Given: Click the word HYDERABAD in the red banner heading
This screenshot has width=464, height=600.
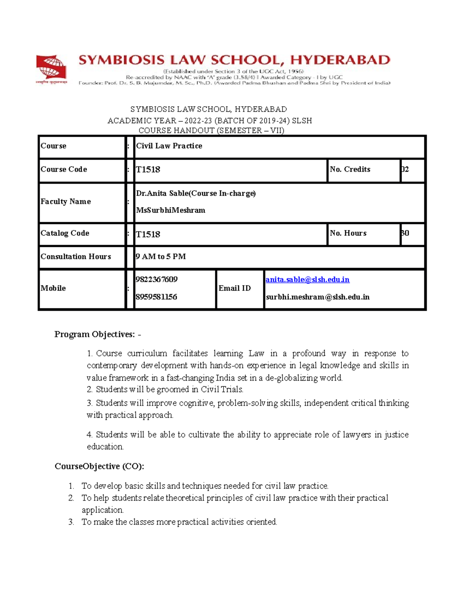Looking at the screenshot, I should point(340,60).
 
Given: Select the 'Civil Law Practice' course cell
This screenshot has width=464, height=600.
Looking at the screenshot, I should point(169,146).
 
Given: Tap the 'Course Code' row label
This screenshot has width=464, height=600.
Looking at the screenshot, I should point(64,170).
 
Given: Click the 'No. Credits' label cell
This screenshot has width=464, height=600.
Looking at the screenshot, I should point(350,170).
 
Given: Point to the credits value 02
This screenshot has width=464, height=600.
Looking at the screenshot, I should point(405,170).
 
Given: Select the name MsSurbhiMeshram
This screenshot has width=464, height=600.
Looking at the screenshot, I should point(171,211).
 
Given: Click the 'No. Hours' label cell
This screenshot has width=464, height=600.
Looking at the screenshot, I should point(348,233).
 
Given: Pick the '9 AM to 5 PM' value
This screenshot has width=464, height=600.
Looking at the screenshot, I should point(161,257).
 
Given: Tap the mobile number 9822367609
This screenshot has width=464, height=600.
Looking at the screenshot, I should point(157,280).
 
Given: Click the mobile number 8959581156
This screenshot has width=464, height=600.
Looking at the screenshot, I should point(156,297).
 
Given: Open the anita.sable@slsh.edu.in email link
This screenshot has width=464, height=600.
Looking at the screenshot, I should point(307,280).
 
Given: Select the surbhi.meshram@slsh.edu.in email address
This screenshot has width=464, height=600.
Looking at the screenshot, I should point(317,297).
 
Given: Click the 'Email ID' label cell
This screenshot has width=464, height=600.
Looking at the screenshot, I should point(235,288).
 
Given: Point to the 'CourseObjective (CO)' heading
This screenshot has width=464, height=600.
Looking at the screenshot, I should point(99,466).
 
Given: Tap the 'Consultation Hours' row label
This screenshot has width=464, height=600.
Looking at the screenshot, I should point(76,257).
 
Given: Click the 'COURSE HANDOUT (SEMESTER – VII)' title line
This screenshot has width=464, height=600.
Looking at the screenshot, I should point(211,131).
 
